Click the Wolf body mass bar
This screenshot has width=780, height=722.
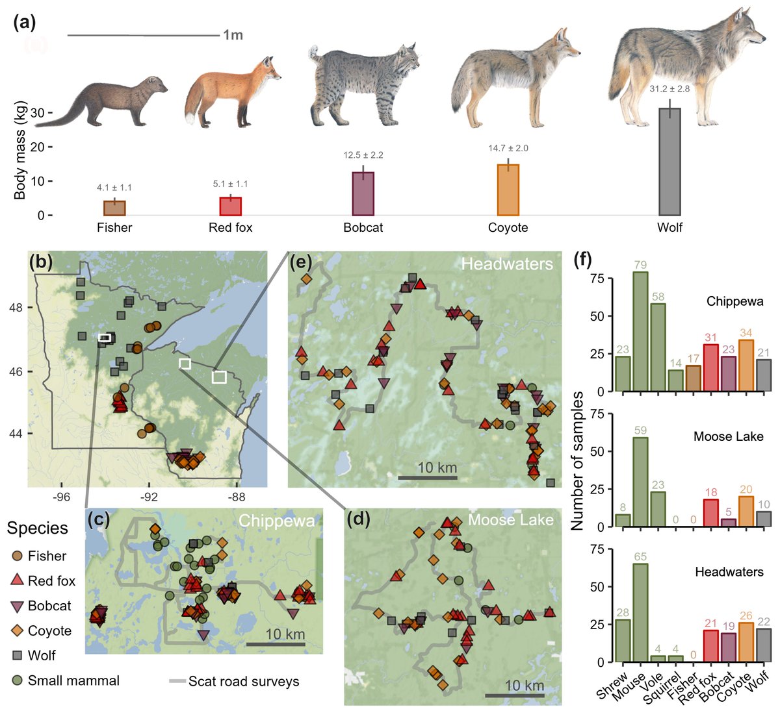[669, 162]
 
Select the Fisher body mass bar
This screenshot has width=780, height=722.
[114, 208]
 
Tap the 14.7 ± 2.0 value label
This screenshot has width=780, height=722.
[508, 148]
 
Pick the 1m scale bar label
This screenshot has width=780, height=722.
[233, 35]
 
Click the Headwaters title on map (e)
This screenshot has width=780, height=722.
[507, 264]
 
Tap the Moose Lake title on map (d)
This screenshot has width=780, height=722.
[511, 520]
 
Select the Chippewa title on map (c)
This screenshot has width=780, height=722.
[277, 521]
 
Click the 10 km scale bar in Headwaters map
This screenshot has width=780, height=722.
[427, 478]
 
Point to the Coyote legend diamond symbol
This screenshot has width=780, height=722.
[18, 630]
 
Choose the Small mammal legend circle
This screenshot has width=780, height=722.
[18, 680]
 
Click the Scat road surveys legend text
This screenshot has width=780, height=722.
[244, 681]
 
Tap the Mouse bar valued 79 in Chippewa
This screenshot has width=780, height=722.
[640, 332]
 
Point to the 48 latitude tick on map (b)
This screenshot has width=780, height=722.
[16, 307]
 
